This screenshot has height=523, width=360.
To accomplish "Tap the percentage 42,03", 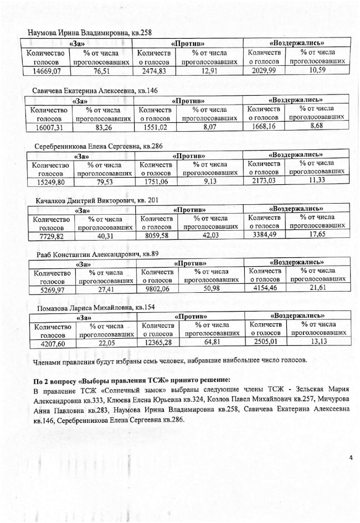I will click(212, 235).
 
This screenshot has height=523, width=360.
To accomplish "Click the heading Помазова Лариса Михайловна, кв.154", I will click(96, 308).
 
